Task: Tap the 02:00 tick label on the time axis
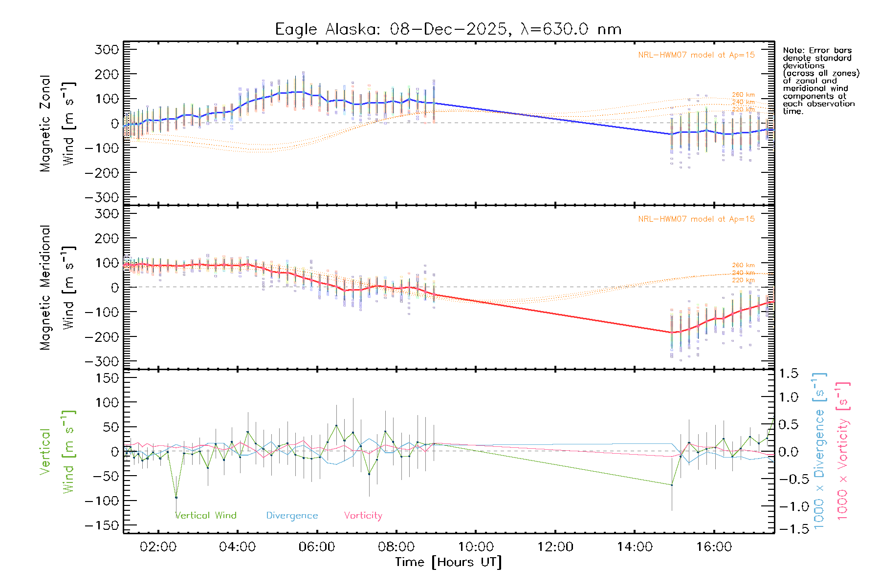pyautogui.click(x=158, y=547)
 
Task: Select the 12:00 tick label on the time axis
pyautogui.click(x=555, y=547)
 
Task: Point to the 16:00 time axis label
pyautogui.click(x=714, y=547)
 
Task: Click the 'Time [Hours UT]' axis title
pyautogui.click(x=448, y=562)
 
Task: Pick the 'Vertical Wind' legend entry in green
pyautogui.click(x=206, y=516)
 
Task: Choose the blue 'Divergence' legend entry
pyautogui.click(x=292, y=516)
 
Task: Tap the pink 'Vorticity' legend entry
pyautogui.click(x=363, y=516)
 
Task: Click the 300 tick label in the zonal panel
pyautogui.click(x=107, y=49)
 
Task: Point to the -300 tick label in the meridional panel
pyautogui.click(x=102, y=361)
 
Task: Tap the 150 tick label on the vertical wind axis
pyautogui.click(x=107, y=378)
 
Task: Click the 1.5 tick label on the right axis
pyautogui.click(x=789, y=374)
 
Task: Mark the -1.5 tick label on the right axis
pyautogui.click(x=789, y=529)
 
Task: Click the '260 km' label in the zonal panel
pyautogui.click(x=743, y=95)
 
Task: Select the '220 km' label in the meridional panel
pyautogui.click(x=743, y=280)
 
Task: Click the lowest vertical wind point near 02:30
pyautogui.click(x=176, y=498)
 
